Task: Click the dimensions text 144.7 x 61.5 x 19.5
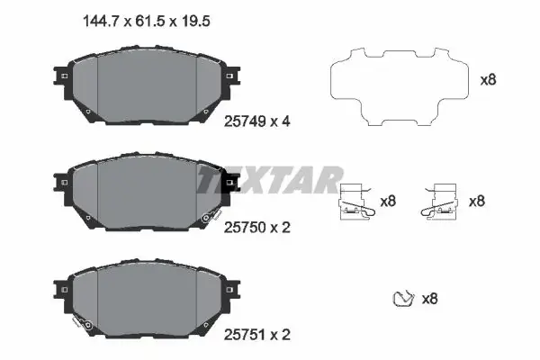tap(147, 22)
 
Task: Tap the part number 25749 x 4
tap(256, 121)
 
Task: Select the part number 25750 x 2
tap(256, 228)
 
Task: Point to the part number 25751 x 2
tap(256, 335)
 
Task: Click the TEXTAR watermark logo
tap(269, 180)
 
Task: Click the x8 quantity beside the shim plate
tap(488, 80)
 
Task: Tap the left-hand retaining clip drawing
tap(356, 202)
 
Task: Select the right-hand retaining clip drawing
tap(439, 202)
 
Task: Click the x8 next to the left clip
tap(388, 201)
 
